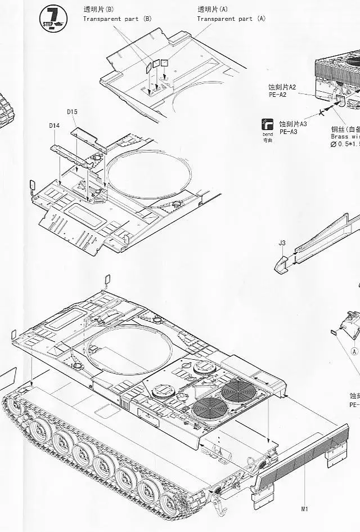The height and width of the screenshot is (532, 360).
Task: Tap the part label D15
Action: coord(71,111)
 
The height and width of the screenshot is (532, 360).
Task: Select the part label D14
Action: coord(54,125)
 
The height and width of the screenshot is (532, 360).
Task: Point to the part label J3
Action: coord(282,243)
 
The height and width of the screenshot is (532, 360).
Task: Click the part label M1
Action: coord(304,509)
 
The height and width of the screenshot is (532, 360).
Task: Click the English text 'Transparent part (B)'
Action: coord(118,19)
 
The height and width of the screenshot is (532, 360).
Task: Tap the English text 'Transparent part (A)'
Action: coord(231,19)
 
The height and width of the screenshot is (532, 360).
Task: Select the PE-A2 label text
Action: coord(277,95)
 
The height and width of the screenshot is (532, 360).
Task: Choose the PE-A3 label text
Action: coord(289,132)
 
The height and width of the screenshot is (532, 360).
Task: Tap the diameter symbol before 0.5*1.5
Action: coord(334,145)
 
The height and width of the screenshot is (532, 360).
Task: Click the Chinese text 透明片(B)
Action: coord(98,10)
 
